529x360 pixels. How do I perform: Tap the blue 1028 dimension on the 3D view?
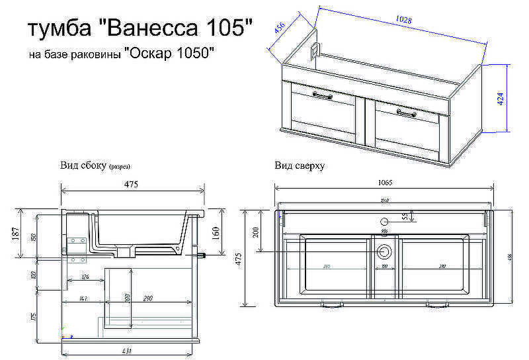point(403,21)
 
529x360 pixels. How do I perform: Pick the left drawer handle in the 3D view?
point(322,96)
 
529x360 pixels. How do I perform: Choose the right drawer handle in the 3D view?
point(406,113)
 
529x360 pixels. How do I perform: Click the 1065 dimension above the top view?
point(384,183)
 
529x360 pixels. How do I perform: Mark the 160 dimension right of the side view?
point(215,233)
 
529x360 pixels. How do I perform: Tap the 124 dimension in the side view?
point(85,276)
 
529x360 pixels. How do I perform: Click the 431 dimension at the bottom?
point(130,350)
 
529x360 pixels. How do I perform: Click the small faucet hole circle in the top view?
point(384,221)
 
